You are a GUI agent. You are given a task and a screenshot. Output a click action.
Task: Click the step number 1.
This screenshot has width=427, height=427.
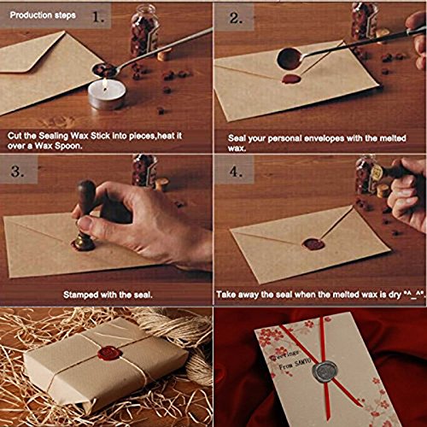point(100,16)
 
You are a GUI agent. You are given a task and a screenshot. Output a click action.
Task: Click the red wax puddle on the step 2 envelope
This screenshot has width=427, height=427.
point(292,79)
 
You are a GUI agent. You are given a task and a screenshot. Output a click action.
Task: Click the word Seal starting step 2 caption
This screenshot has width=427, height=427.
point(237,137)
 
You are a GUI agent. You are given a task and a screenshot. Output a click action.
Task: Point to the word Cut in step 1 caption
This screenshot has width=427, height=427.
point(16,137)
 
